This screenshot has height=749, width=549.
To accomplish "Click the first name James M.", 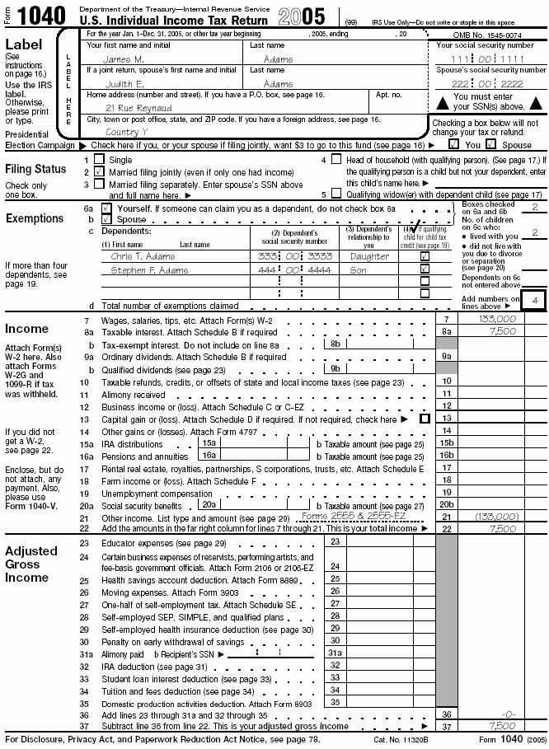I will pos(124,59).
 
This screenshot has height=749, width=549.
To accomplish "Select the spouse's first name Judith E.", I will pos(124,84).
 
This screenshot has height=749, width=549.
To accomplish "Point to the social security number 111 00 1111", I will pos(486,59).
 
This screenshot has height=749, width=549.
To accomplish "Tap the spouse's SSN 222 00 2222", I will pos(486,84).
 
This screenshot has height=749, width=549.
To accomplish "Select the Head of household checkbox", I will pos(335,159).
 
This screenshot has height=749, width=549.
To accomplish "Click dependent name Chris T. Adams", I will pos(143,256).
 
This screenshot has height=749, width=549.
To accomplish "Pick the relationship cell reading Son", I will pos(360,269).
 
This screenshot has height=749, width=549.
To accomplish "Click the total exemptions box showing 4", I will pos(534,302).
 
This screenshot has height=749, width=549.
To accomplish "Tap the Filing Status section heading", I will pos(36,169).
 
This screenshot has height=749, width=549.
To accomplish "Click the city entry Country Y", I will pos(128,132).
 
